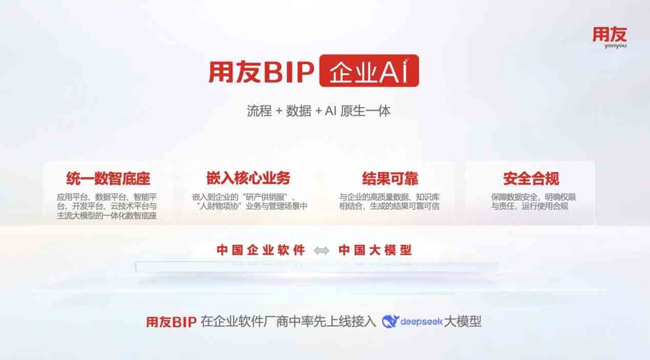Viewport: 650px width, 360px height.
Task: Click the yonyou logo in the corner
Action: pos(610,37)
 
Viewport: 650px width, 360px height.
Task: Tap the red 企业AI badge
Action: pos(369,71)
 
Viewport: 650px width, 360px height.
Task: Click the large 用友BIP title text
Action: pos(261,72)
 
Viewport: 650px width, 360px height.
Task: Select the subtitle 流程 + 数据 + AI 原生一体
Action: pos(319,111)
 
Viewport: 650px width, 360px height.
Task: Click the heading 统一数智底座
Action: pos(108,178)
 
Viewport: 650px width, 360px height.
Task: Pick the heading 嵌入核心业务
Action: pos(248,178)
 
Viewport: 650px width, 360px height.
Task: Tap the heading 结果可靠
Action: pos(390,178)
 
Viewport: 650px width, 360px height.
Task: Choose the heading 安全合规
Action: pos(531,178)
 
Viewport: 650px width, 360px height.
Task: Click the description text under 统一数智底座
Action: pos(107,206)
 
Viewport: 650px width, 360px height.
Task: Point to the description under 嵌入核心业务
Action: pos(250,202)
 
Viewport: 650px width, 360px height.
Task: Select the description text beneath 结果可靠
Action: pos(389,202)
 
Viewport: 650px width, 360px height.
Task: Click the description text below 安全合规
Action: pos(533,202)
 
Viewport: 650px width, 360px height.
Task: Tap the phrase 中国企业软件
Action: pos(261,250)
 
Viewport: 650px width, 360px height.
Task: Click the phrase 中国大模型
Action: pos(375,250)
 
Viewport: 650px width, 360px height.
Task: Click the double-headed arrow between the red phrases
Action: pos(322,250)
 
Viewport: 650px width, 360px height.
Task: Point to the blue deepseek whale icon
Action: pos(390,321)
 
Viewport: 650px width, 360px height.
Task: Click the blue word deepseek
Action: pos(422,322)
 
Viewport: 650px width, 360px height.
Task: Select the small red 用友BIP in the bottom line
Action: pos(171,322)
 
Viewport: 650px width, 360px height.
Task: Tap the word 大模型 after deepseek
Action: pos(463,322)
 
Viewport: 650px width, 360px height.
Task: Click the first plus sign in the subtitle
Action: pos(279,111)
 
